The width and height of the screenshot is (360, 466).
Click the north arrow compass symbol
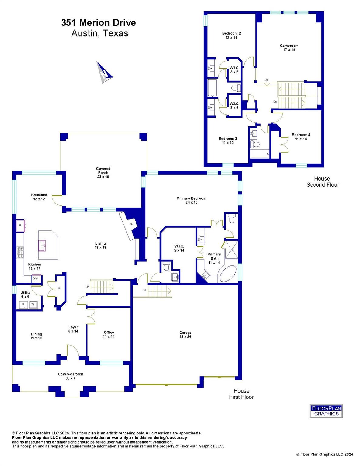coord(104,73)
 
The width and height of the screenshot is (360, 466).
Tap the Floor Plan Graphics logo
coord(326,411)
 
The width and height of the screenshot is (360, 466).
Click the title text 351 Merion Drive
coord(98,23)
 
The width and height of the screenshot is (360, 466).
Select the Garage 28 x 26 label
coord(185,334)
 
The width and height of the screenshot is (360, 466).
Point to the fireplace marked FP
coord(131,225)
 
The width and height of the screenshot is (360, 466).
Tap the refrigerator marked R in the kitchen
coord(20,226)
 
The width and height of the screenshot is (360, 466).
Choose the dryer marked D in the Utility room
coord(23,304)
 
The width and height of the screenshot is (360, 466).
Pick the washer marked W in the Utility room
coord(32,304)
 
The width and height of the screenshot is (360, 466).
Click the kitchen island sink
coord(42,245)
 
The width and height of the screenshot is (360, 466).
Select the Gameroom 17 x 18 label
coord(289,48)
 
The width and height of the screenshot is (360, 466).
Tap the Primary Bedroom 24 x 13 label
coord(191,200)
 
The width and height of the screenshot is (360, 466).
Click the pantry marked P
coord(59,288)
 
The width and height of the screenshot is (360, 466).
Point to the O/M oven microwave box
coord(35,279)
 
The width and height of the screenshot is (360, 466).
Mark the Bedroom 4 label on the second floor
coord(301,137)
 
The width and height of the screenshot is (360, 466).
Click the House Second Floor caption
coord(322,181)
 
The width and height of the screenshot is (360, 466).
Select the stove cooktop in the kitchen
coord(20,252)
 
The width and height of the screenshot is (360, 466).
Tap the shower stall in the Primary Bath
coord(231,249)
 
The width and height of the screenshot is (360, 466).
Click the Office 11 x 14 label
coord(109,334)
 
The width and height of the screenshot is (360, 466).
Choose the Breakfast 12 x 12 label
coord(39,197)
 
